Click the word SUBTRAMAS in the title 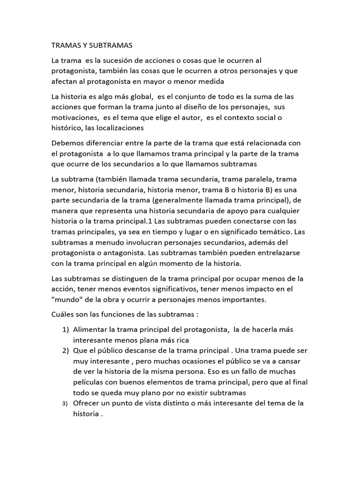112,45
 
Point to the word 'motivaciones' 75,117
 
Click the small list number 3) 66,404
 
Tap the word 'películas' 89,382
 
